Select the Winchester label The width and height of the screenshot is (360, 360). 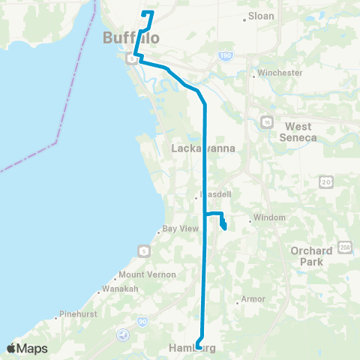(x=279, y=73)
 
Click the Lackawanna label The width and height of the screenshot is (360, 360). (x=204, y=148)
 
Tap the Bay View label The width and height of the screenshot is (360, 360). (x=180, y=230)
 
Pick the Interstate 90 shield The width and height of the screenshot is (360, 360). (x=142, y=320)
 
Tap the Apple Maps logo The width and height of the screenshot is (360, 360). (x=27, y=348)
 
